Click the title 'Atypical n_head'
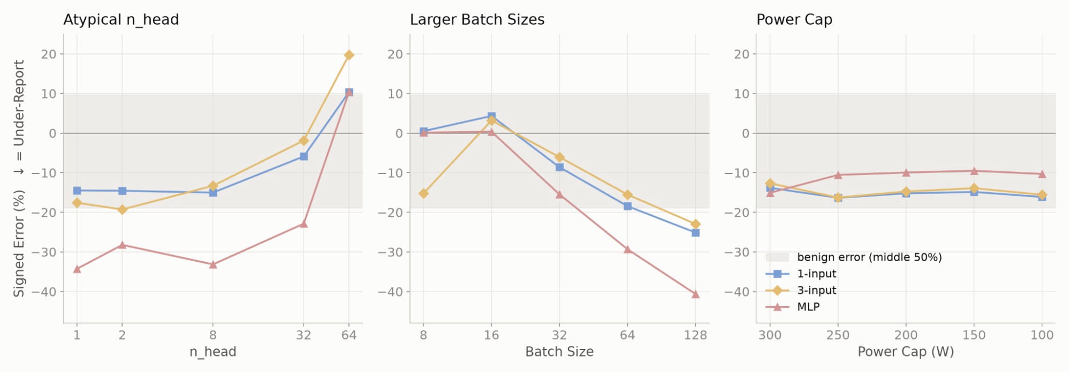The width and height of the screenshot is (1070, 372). (121, 20)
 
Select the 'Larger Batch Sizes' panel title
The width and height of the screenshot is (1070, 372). (477, 20)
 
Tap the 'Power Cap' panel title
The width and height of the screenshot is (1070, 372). (794, 20)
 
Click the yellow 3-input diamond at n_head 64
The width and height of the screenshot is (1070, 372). (349, 55)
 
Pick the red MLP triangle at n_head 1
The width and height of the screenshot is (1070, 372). (77, 269)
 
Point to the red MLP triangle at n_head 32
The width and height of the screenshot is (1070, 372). (303, 224)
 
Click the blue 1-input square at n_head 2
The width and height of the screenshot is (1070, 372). (122, 191)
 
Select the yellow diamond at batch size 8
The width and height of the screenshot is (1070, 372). (423, 193)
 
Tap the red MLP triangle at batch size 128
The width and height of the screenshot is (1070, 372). (695, 294)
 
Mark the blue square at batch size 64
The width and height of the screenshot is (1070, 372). (627, 206)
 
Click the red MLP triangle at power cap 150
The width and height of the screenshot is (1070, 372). (974, 171)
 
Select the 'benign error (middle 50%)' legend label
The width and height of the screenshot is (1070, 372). (869, 257)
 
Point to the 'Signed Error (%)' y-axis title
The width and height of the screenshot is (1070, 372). (19, 243)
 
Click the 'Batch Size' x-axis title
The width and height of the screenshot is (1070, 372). (559, 352)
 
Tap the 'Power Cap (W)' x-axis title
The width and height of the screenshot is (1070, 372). (906, 352)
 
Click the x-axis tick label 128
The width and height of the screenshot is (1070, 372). (695, 335)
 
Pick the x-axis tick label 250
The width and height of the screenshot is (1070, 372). (838, 335)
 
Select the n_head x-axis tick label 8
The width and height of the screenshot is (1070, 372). (213, 335)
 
